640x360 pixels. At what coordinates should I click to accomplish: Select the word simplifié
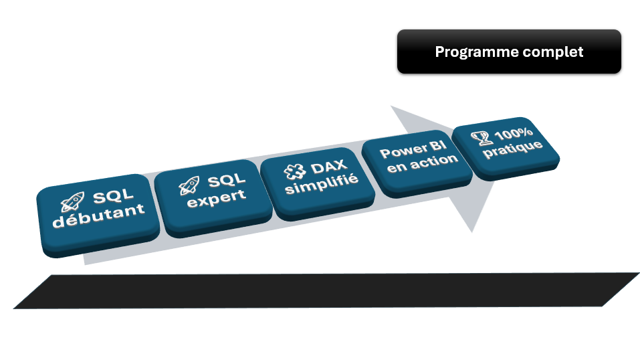[x=322, y=181]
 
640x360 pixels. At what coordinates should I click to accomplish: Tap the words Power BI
[x=413, y=150]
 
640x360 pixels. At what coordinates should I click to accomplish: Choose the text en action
[x=422, y=163]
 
